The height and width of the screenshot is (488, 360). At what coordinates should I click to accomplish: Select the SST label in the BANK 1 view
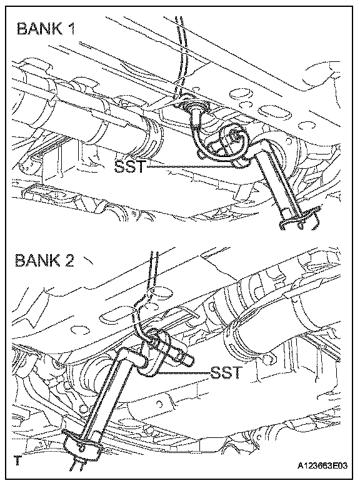click(129, 166)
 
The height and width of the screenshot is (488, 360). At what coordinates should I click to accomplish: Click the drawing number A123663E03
click(321, 466)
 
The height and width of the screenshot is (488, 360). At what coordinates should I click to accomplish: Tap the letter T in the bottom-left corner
click(17, 460)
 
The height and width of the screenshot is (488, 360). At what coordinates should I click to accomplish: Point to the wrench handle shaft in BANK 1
click(273, 183)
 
